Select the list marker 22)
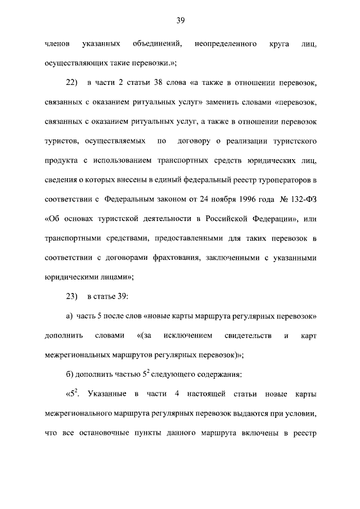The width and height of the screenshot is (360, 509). [71, 84]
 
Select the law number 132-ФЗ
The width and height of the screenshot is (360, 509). [299, 200]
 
